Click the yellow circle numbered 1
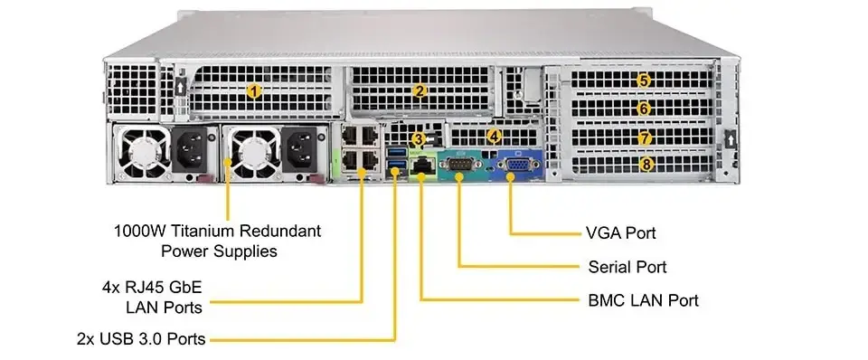click(255, 90)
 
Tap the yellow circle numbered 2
click(420, 90)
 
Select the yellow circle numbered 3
click(417, 139)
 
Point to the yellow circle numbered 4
click(493, 137)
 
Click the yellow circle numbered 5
click(644, 80)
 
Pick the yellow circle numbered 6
click(644, 109)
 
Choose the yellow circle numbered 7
click(644, 138)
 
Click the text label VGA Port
click(620, 233)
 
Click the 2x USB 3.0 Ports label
click(141, 339)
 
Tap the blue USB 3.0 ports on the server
click(394, 163)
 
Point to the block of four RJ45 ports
click(361, 148)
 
